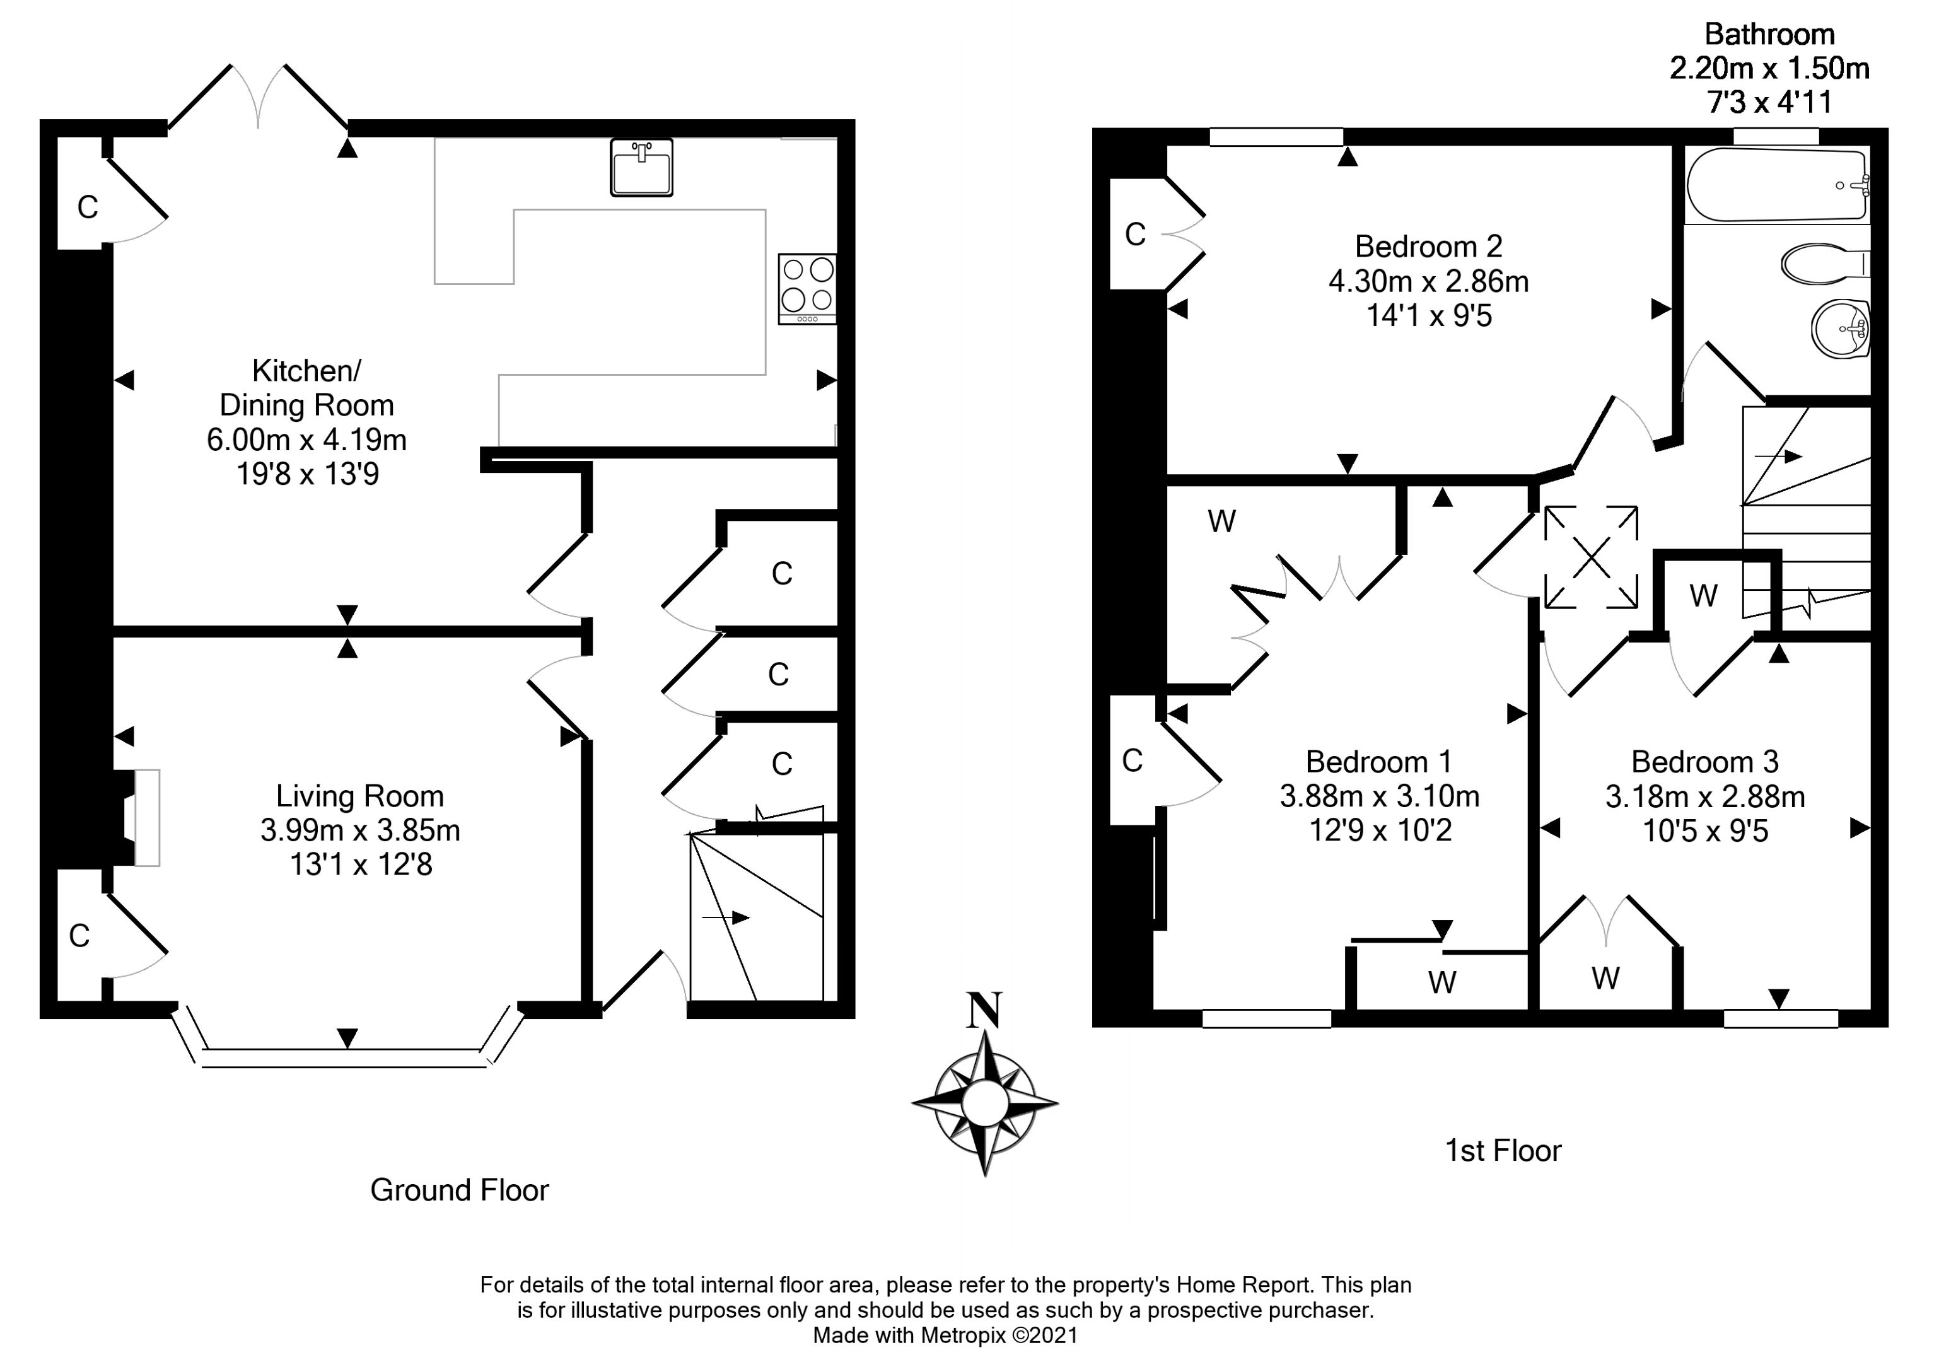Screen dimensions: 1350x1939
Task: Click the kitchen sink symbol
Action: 641,167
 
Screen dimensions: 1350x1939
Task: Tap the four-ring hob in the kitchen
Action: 806,288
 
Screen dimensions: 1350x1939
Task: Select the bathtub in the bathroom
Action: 1776,185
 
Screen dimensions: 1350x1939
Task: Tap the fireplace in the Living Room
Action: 145,817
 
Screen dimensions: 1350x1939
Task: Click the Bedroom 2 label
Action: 1428,247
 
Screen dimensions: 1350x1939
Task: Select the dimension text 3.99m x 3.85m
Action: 360,831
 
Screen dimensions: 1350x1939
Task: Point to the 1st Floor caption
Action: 1503,1151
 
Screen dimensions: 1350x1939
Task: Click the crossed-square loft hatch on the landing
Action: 1590,557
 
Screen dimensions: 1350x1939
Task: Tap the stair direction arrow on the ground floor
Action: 726,917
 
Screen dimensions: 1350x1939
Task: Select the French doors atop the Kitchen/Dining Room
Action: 259,100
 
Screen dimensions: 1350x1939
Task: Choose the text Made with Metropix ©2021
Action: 945,1335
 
